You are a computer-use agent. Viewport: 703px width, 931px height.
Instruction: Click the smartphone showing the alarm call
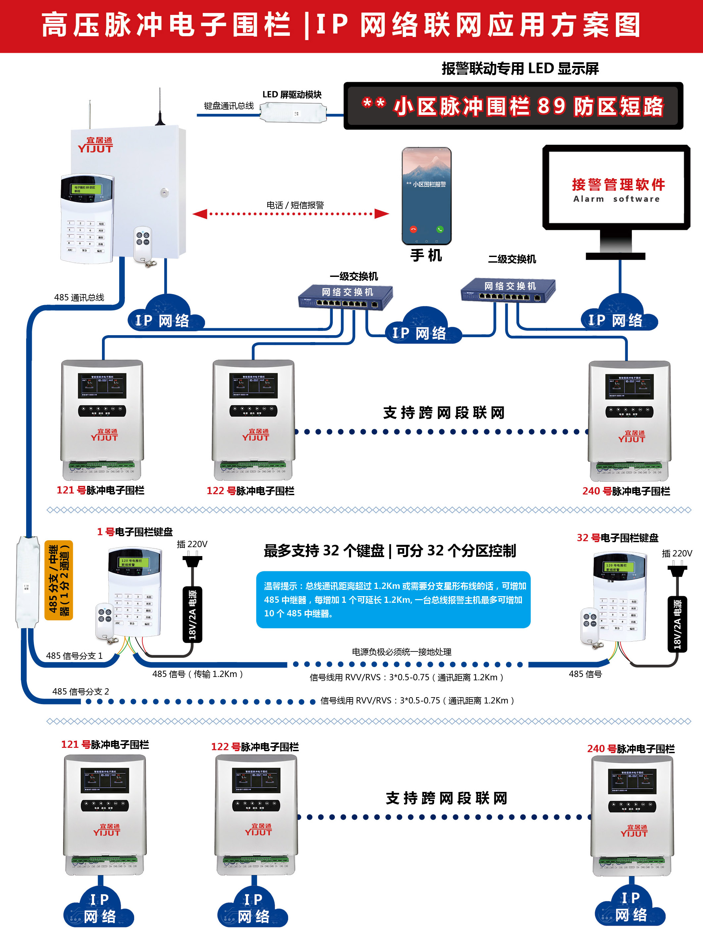(x=426, y=196)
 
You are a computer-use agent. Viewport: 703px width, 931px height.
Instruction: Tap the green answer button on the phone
(x=440, y=230)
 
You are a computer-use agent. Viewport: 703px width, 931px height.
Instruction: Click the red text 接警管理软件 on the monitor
(x=618, y=184)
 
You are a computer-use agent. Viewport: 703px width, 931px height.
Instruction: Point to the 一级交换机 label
(x=354, y=277)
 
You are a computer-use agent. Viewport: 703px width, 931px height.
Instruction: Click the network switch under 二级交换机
(x=508, y=290)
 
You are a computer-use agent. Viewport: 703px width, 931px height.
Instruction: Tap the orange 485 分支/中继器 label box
(x=59, y=580)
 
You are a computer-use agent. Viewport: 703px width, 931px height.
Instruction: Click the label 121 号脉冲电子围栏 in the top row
(x=101, y=490)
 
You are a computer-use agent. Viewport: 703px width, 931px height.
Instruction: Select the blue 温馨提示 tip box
(x=393, y=599)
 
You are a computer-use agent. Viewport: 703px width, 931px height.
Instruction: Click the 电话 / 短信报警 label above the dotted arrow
(x=295, y=205)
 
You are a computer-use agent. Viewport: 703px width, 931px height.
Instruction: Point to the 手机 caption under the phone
(x=426, y=255)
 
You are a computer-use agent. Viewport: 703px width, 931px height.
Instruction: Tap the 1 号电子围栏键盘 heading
(x=135, y=532)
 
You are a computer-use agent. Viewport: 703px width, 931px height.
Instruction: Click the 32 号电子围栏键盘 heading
(x=617, y=538)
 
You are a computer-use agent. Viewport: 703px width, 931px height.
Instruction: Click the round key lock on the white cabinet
(x=164, y=193)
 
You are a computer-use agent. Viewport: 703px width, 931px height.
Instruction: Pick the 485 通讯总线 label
(x=79, y=297)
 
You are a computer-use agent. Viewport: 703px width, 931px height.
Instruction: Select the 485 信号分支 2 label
(x=80, y=692)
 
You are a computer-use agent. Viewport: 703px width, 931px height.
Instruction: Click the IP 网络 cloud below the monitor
(x=619, y=316)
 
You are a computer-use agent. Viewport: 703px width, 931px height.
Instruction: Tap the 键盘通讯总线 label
(x=229, y=106)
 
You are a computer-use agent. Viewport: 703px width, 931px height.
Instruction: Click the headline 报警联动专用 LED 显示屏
(x=520, y=69)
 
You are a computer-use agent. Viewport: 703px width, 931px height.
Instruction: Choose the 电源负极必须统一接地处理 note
(x=401, y=652)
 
